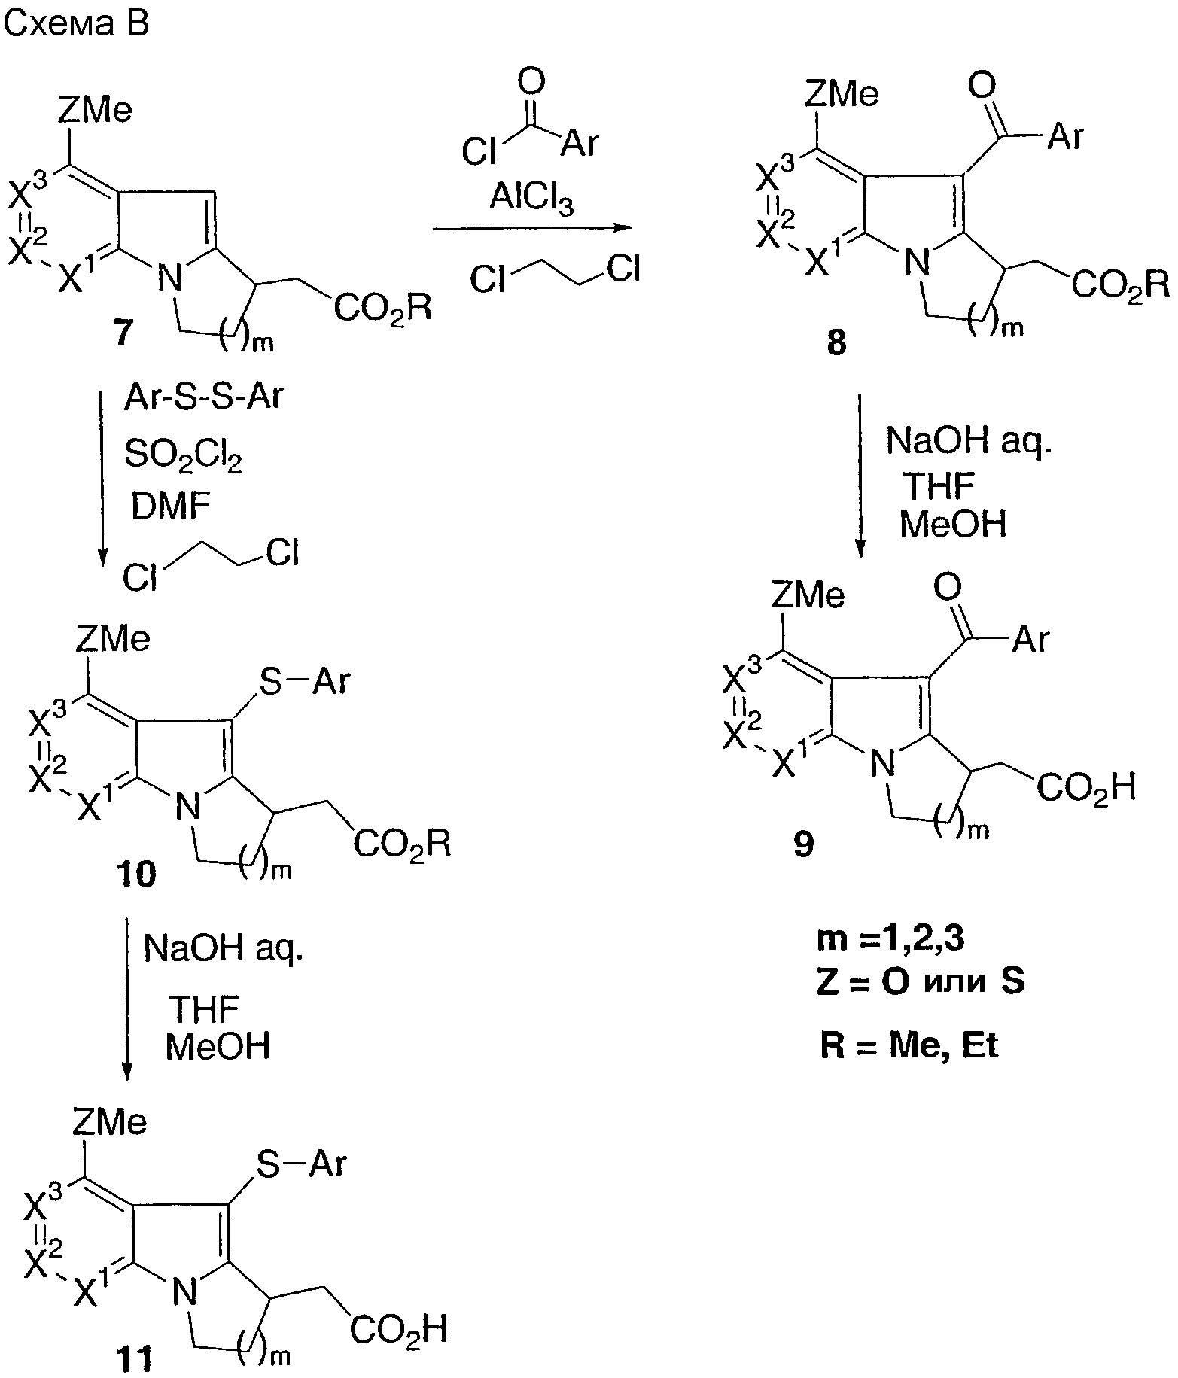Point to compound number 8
[x=836, y=344]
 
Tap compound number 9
[x=803, y=845]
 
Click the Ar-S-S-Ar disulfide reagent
[x=202, y=397]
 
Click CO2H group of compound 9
[x=1085, y=789]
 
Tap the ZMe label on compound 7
[x=95, y=111]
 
